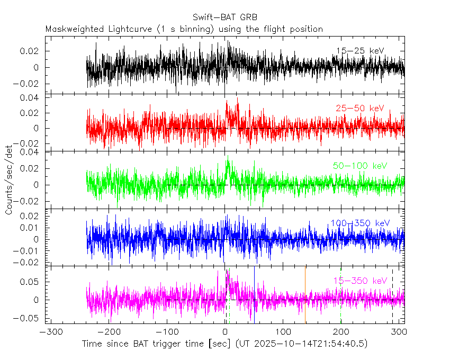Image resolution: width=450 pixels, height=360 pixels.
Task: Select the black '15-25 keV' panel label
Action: point(359,50)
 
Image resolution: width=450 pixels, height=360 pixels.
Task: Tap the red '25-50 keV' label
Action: point(359,109)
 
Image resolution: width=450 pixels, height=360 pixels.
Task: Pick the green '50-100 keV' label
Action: point(360,166)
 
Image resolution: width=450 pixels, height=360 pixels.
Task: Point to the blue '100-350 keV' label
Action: point(360,223)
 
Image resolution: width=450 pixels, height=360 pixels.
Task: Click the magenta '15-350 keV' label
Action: point(360,281)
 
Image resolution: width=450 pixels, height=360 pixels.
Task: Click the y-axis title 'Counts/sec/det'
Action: point(9,180)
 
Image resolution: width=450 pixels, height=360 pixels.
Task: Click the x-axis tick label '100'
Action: point(283,332)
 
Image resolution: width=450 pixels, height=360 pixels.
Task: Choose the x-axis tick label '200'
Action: point(341,332)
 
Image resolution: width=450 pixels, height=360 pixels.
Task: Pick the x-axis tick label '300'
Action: point(399,332)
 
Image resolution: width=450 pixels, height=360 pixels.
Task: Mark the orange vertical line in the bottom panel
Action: point(305,296)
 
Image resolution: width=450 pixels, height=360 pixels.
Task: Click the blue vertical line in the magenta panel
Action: point(254,296)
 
